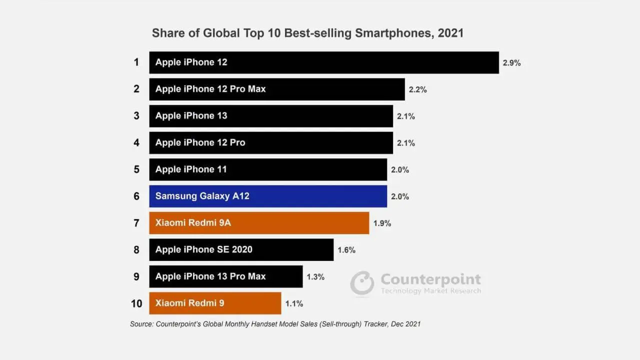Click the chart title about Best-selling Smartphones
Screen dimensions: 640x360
click(307, 33)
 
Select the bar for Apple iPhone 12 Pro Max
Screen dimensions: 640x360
click(277, 89)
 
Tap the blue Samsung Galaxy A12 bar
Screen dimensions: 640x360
click(268, 196)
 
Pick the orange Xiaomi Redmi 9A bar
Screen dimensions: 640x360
click(259, 223)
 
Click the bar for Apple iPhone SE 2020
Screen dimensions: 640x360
click(241, 249)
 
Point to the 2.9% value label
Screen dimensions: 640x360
click(511, 63)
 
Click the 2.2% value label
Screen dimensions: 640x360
click(417, 89)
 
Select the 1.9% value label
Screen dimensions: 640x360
click(382, 223)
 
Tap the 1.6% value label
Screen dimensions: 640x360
click(346, 250)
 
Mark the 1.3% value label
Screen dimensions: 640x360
click(315, 277)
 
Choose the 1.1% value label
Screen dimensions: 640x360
click(294, 303)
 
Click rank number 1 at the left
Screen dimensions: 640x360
click(136, 62)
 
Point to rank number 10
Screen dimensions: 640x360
click(136, 303)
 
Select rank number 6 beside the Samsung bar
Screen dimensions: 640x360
click(136, 196)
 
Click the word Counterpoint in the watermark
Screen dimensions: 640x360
click(431, 279)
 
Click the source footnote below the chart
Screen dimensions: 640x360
click(275, 324)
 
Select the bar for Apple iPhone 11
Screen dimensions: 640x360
click(268, 169)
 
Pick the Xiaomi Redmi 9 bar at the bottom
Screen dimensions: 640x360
click(215, 303)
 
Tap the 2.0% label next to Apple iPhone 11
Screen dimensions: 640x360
click(400, 169)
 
